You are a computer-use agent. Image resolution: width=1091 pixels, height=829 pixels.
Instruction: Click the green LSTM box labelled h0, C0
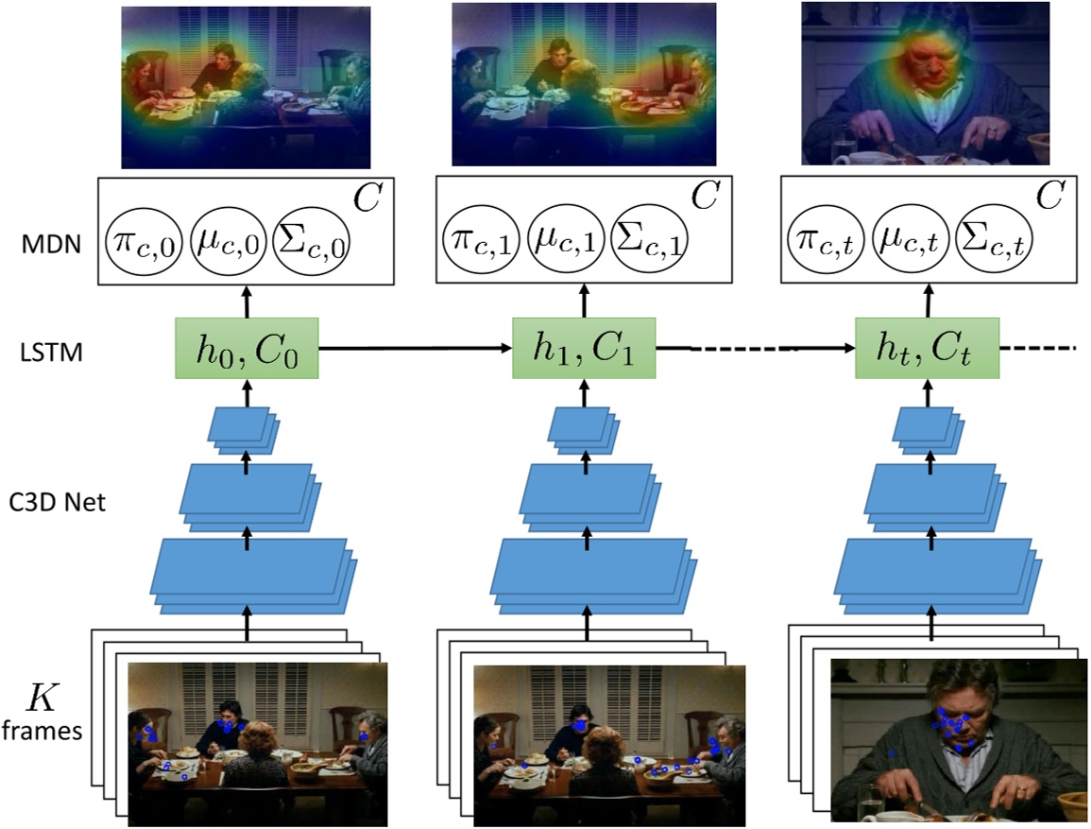click(247, 348)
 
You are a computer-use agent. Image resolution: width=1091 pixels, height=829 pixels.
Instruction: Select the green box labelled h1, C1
click(585, 348)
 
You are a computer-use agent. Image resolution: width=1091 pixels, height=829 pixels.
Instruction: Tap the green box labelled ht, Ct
click(928, 348)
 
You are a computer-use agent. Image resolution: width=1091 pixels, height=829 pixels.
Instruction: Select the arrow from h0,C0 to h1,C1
click(416, 348)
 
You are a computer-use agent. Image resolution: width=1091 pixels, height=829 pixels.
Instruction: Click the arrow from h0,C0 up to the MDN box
click(247, 302)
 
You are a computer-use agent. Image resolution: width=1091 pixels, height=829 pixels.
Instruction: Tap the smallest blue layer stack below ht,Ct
click(929, 431)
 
